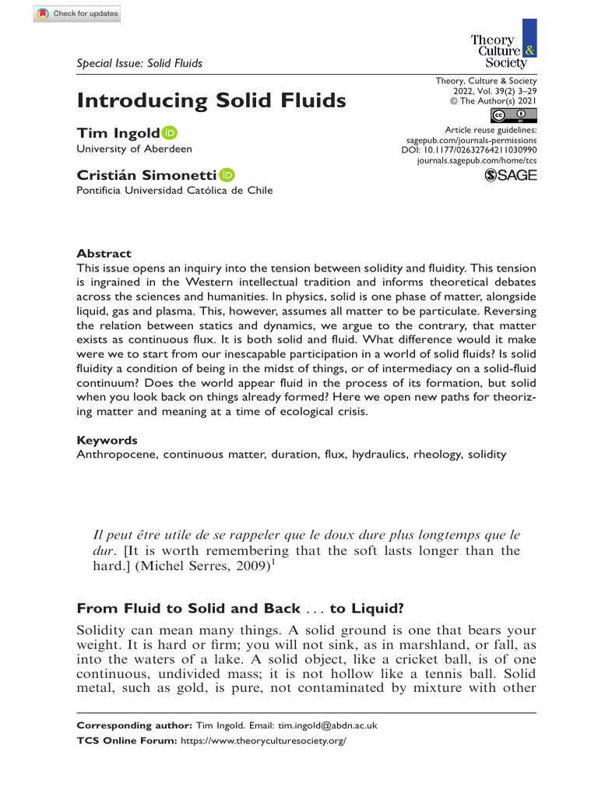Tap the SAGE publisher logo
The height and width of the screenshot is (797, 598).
pos(510,176)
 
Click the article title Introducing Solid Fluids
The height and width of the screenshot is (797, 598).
pos(210,100)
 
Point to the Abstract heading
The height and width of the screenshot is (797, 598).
pos(104,254)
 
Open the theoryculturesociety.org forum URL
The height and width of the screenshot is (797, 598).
pos(262,742)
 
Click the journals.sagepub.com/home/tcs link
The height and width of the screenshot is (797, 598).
pos(477,160)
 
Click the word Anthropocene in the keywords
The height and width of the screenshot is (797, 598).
pos(116,454)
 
